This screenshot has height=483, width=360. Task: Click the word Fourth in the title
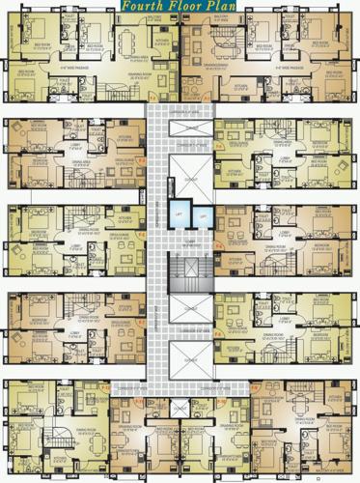click(142, 6)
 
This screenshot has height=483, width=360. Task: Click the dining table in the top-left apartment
click(130, 43)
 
